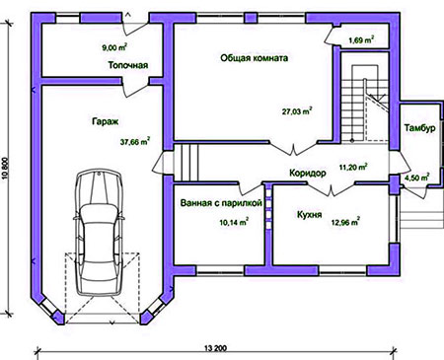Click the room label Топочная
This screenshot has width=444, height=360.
(128, 65)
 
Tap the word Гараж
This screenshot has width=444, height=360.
(105, 121)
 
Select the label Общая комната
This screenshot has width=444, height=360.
(255, 58)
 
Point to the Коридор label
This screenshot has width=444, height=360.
(308, 173)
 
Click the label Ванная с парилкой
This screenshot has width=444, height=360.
(221, 203)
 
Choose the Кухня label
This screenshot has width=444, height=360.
(309, 215)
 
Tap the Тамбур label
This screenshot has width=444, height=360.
(420, 128)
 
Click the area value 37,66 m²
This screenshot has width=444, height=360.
(135, 142)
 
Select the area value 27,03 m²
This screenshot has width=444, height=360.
(297, 110)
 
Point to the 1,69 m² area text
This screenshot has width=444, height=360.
(361, 40)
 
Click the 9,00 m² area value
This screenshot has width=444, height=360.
(114, 47)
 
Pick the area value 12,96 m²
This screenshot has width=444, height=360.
(345, 222)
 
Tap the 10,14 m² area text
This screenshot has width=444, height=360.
(234, 222)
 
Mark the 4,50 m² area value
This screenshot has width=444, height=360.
(416, 178)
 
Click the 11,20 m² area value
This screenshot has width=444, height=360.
(353, 167)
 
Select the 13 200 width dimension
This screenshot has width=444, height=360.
(215, 348)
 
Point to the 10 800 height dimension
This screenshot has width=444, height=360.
(5, 169)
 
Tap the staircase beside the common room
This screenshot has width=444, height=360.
(364, 104)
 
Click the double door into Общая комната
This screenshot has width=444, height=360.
(293, 149)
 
